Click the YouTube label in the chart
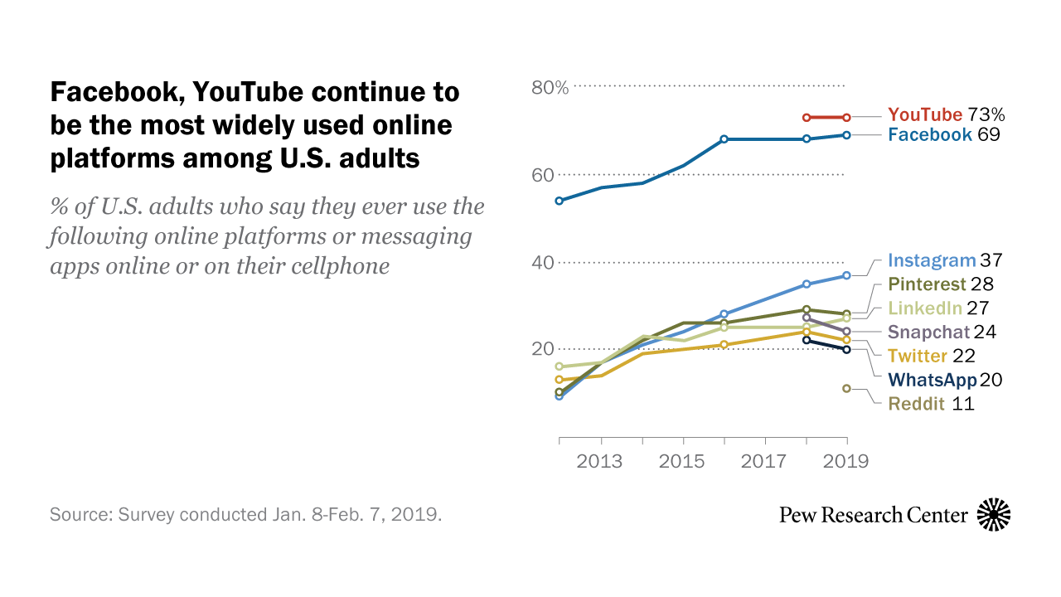tap(925, 114)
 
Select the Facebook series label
tap(929, 134)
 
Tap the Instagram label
tap(932, 260)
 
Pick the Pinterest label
tap(928, 284)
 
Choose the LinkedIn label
tap(925, 308)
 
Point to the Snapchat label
tap(928, 332)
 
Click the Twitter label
tap(918, 357)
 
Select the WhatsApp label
tap(932, 380)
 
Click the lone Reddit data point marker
tap(846, 388)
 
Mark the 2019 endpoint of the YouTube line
tap(846, 118)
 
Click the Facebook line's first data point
tap(560, 201)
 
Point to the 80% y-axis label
tap(550, 87)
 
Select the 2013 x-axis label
tap(600, 461)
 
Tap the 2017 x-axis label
tap(764, 461)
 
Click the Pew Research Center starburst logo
tap(994, 515)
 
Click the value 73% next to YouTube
tap(986, 114)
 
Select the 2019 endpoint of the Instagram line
tap(846, 275)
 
